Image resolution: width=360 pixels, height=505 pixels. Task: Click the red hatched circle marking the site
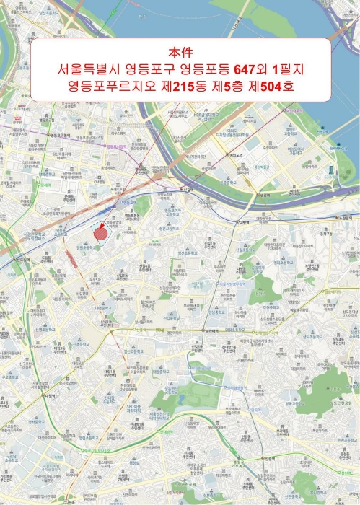pyautogui.click(x=100, y=234)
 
